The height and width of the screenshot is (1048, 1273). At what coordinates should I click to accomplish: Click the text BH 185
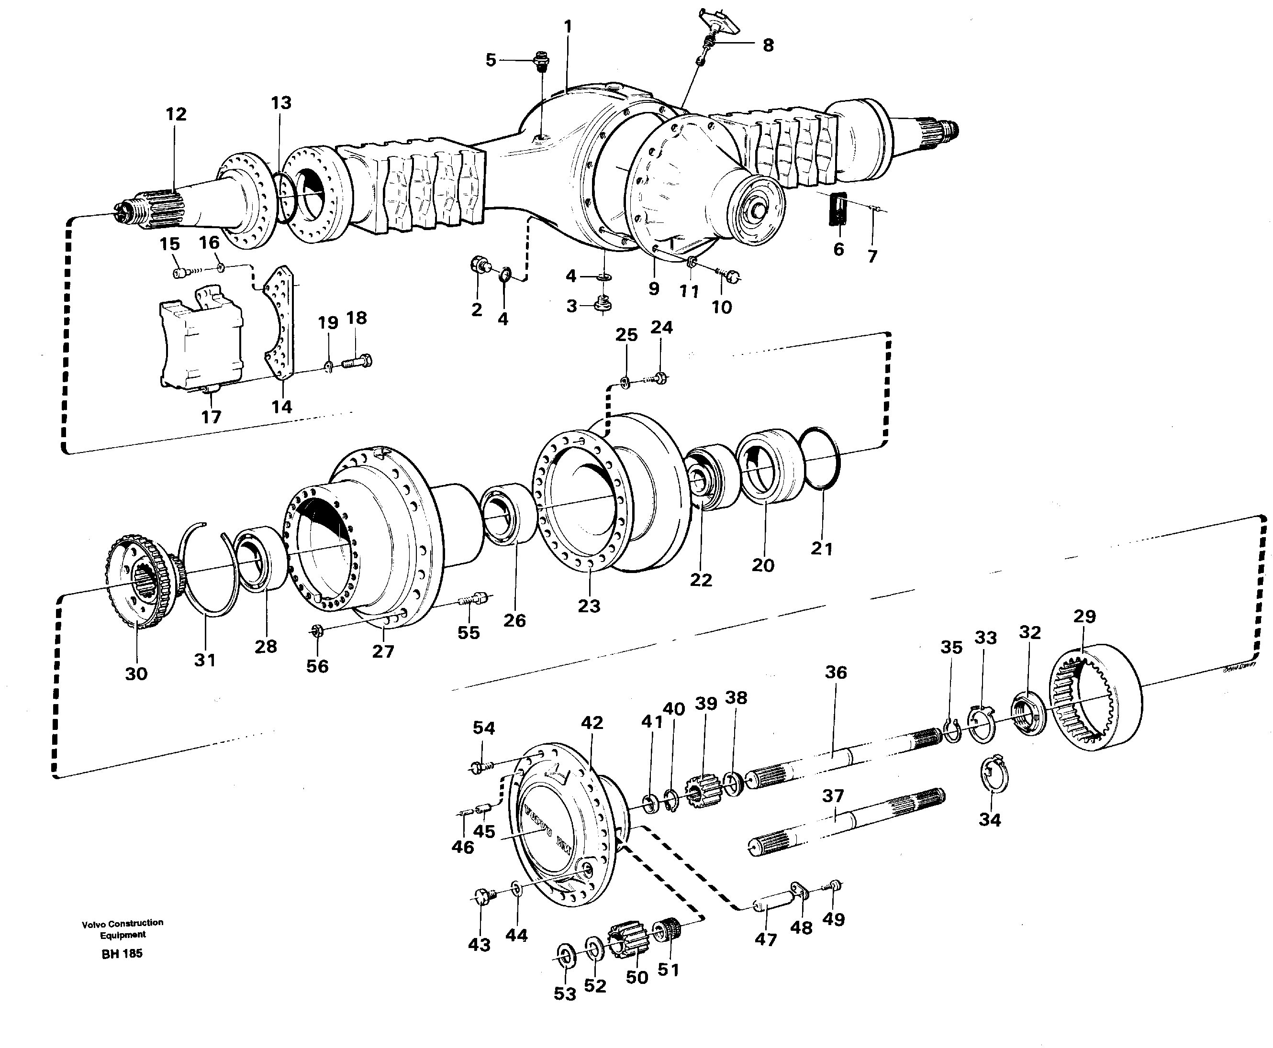122,954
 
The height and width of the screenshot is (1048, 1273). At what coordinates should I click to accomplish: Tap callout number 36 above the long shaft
836,672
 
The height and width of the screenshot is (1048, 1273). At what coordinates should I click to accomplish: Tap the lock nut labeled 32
1028,715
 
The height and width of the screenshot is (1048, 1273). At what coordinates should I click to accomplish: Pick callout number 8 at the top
768,45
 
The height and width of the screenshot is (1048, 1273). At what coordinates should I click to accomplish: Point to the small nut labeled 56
316,631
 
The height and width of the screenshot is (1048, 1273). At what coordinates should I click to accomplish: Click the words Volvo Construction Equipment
123,928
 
